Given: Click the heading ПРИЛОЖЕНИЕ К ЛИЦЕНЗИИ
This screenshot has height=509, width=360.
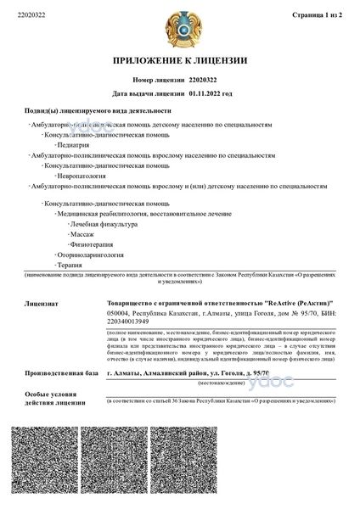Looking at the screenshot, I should [180, 60].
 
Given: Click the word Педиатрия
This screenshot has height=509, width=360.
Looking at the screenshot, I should [75, 145].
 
